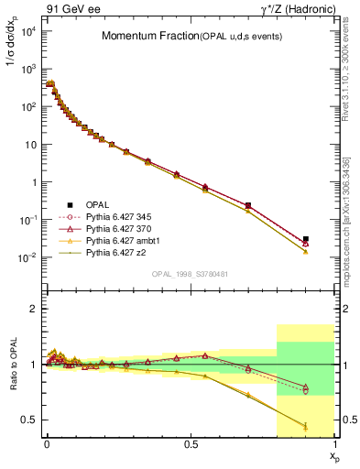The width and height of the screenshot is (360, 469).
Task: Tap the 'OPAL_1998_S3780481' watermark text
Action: click(x=190, y=274)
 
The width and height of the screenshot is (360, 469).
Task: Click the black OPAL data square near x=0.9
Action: click(x=306, y=239)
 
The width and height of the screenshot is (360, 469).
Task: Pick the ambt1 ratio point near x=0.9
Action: click(x=306, y=426)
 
